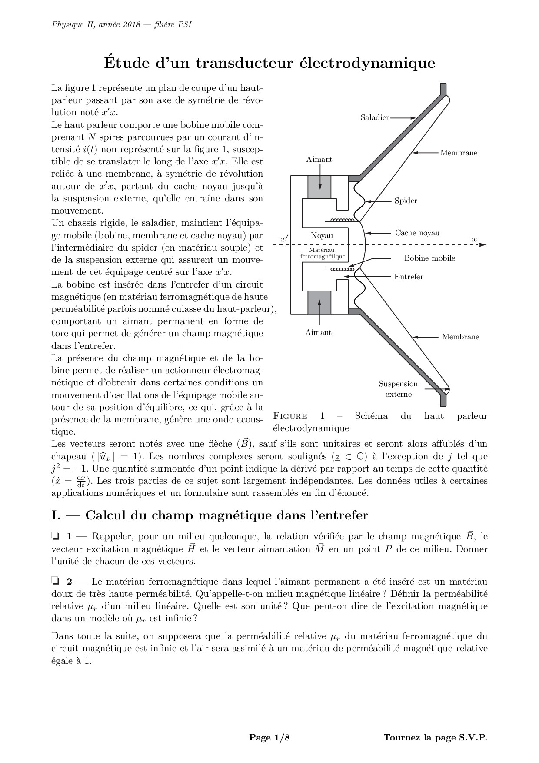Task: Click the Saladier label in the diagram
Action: click(x=375, y=117)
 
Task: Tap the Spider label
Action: click(x=406, y=201)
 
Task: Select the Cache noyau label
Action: click(x=417, y=233)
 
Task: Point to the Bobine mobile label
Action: click(x=429, y=258)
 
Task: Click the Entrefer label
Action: click(x=408, y=277)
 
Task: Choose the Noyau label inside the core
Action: click(x=322, y=235)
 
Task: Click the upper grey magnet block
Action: click(x=319, y=187)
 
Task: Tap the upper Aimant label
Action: click(x=319, y=159)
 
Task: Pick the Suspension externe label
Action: click(x=398, y=389)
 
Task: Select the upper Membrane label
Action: click(x=459, y=153)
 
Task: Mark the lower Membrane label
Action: click(x=460, y=337)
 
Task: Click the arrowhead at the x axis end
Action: click(x=482, y=245)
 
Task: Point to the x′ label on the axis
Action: click(x=284, y=239)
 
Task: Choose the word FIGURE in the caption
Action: click(x=290, y=416)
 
